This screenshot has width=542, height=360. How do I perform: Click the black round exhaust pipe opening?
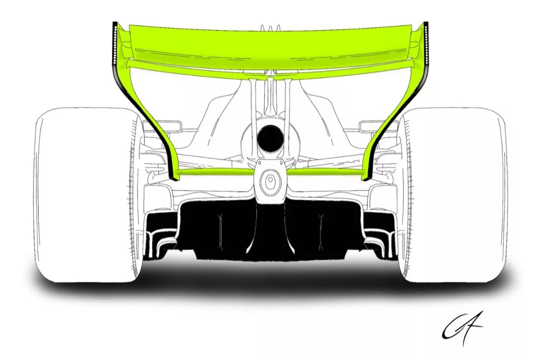(x=270, y=137)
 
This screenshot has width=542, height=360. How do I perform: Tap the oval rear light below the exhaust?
(x=270, y=182)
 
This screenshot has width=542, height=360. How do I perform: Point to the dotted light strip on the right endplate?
(x=426, y=46)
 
